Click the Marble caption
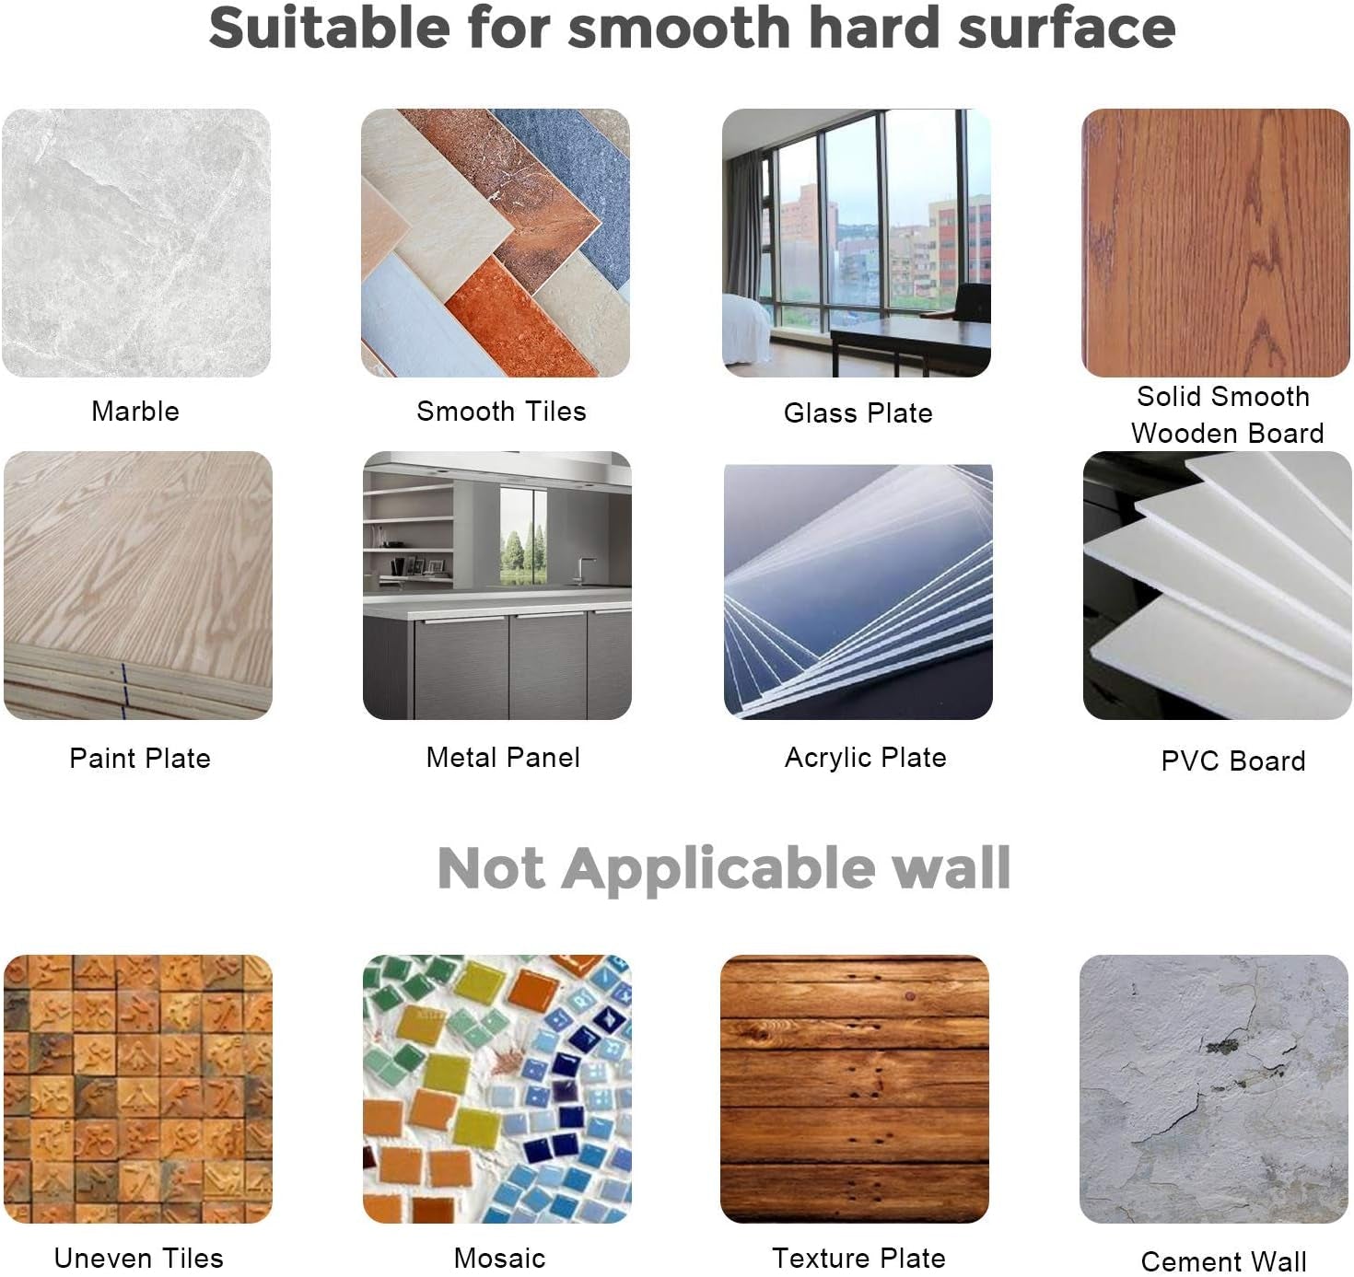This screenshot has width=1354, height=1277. (x=135, y=412)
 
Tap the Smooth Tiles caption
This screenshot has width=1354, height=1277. (x=501, y=412)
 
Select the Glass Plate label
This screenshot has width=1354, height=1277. (x=858, y=412)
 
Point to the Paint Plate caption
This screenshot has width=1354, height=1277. (x=140, y=758)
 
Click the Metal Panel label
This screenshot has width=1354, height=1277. (x=503, y=758)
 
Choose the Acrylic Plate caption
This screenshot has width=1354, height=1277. (x=865, y=758)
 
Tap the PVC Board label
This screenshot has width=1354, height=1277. (x=1232, y=760)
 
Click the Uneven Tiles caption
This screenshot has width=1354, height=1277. (x=138, y=1258)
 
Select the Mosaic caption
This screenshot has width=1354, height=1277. (x=499, y=1258)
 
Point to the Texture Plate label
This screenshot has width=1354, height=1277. (x=858, y=1258)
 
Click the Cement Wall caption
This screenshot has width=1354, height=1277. (x=1224, y=1261)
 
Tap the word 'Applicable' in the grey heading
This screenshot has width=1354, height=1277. (x=718, y=868)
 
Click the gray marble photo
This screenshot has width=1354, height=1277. (x=136, y=243)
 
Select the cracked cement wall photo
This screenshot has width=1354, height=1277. (x=1214, y=1089)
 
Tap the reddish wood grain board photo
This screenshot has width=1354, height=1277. (x=1216, y=243)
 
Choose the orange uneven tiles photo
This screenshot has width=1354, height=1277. (x=138, y=1089)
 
